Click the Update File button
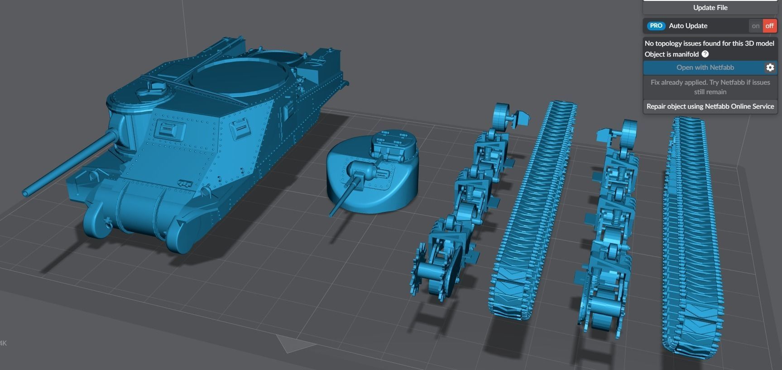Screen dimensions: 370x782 pos(710,8)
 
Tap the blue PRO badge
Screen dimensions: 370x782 pos(656,26)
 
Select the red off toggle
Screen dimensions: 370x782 pos(769,26)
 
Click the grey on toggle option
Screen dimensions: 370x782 pos(755,26)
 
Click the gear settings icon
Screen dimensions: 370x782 pos(770,67)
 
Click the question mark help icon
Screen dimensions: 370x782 pos(705,54)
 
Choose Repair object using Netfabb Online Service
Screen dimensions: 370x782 pos(710,106)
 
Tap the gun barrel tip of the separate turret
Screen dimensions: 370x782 pos(331,213)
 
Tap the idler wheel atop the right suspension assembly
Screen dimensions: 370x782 pos(629,131)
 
